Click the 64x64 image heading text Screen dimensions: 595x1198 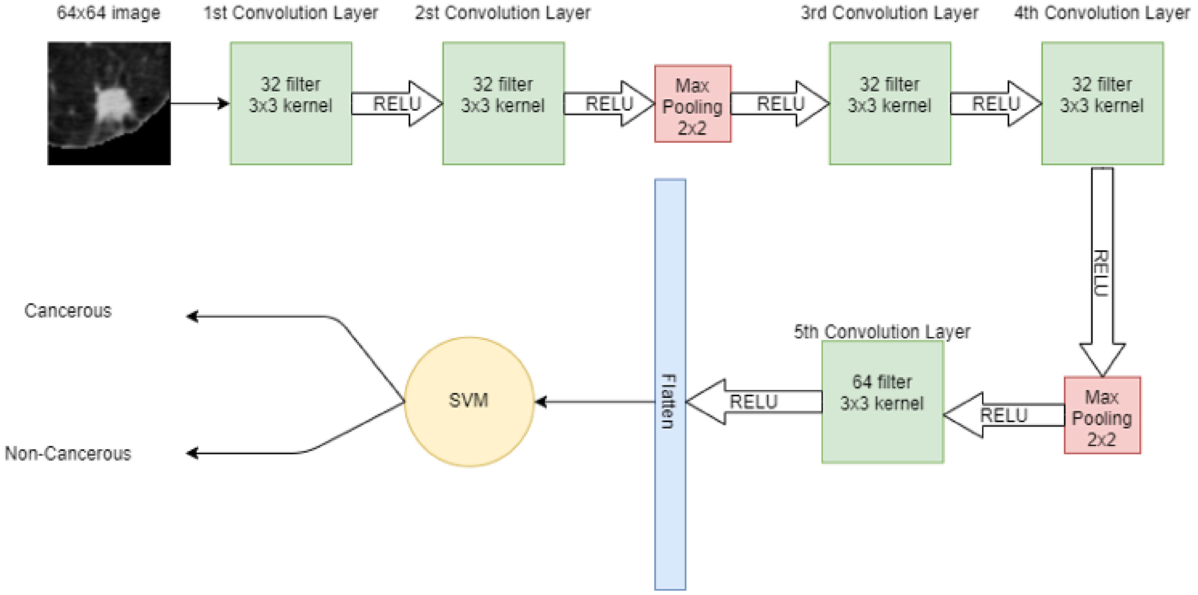pyautogui.click(x=108, y=13)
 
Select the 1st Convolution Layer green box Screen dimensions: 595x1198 pyautogui.click(x=291, y=103)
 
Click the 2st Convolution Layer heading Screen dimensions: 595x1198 pyautogui.click(x=502, y=13)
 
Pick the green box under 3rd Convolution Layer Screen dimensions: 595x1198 pyautogui.click(x=889, y=103)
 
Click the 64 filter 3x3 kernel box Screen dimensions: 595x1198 pyautogui.click(x=882, y=402)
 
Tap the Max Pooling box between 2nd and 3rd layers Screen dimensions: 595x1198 pyautogui.click(x=692, y=103)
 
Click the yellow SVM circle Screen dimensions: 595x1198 pyautogui.click(x=469, y=401)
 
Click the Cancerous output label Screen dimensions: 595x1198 pyautogui.click(x=68, y=310)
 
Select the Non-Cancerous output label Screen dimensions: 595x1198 pyautogui.click(x=68, y=453)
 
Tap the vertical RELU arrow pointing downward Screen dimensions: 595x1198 pyautogui.click(x=1102, y=272)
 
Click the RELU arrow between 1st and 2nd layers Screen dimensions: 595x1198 pyautogui.click(x=397, y=103)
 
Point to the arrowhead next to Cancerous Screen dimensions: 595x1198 pyautogui.click(x=192, y=316)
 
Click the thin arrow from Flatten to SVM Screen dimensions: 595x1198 pyautogui.click(x=595, y=402)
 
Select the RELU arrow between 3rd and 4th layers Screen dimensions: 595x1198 pyautogui.click(x=996, y=103)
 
